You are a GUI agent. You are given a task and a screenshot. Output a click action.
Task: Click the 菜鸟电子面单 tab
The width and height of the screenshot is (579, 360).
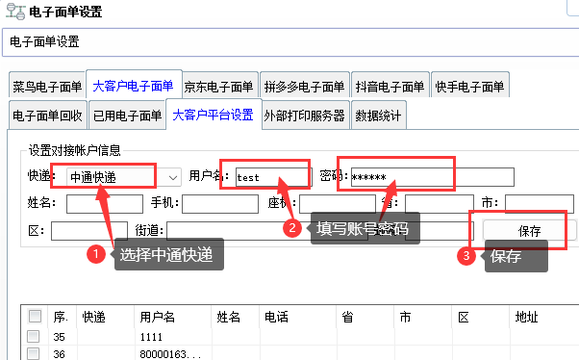point(47,87)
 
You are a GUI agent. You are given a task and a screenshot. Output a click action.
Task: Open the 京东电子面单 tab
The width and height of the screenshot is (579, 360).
point(218,87)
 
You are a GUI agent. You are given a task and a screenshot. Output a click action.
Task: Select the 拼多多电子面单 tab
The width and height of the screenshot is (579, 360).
point(303,87)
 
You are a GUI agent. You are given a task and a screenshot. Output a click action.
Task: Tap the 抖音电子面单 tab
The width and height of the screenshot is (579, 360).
point(389,87)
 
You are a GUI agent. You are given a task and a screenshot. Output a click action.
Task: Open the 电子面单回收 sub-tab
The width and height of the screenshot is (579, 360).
point(47,116)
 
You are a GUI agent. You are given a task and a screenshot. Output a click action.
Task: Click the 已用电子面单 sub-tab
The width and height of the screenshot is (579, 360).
point(127,116)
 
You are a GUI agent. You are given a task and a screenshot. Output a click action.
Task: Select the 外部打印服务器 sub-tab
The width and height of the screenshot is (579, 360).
point(304,116)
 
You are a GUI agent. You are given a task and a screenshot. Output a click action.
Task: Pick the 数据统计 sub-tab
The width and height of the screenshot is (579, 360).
point(379,116)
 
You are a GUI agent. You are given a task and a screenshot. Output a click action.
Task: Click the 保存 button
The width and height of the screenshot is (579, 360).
point(529,231)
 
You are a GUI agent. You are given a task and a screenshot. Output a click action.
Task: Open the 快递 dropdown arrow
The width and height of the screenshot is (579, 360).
point(172,177)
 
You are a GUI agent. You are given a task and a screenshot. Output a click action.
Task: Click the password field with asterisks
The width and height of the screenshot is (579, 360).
point(431,177)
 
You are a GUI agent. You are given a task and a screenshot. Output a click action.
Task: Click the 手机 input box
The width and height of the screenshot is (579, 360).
point(219,204)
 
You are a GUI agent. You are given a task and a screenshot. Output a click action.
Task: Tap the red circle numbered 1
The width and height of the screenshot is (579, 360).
point(94,255)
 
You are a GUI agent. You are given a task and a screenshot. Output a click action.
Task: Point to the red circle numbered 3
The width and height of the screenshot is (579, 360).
point(466,257)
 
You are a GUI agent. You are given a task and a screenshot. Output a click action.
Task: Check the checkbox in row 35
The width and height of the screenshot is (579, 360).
point(34,336)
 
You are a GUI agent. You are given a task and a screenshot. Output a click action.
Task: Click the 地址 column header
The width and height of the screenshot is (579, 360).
point(526,316)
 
